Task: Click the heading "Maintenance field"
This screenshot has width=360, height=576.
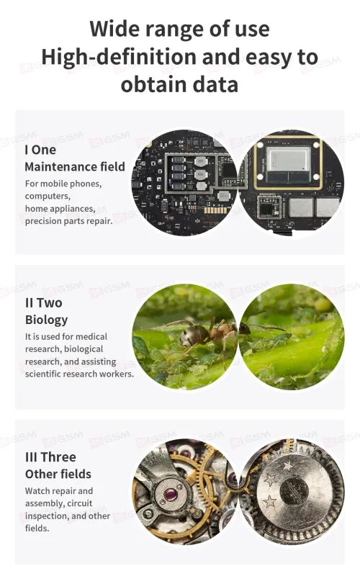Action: pos(75,167)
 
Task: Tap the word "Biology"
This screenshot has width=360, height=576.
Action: pos(46,320)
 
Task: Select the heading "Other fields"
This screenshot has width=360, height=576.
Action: pos(58,474)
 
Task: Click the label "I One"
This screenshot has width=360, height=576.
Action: pos(40,150)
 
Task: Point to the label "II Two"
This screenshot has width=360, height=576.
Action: pos(44,303)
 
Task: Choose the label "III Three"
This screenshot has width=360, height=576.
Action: pos(50,457)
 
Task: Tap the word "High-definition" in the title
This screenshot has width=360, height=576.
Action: pos(119,57)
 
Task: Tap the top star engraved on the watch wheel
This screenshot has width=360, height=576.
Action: pos(287,466)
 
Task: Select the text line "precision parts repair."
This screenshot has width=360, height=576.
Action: pos(68,221)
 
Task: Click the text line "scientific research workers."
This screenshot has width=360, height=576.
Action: pos(79,374)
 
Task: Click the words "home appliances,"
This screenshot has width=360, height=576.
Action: pos(60,209)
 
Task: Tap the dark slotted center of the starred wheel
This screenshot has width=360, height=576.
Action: pos(294,492)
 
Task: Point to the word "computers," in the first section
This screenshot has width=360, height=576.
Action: pos(48,196)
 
